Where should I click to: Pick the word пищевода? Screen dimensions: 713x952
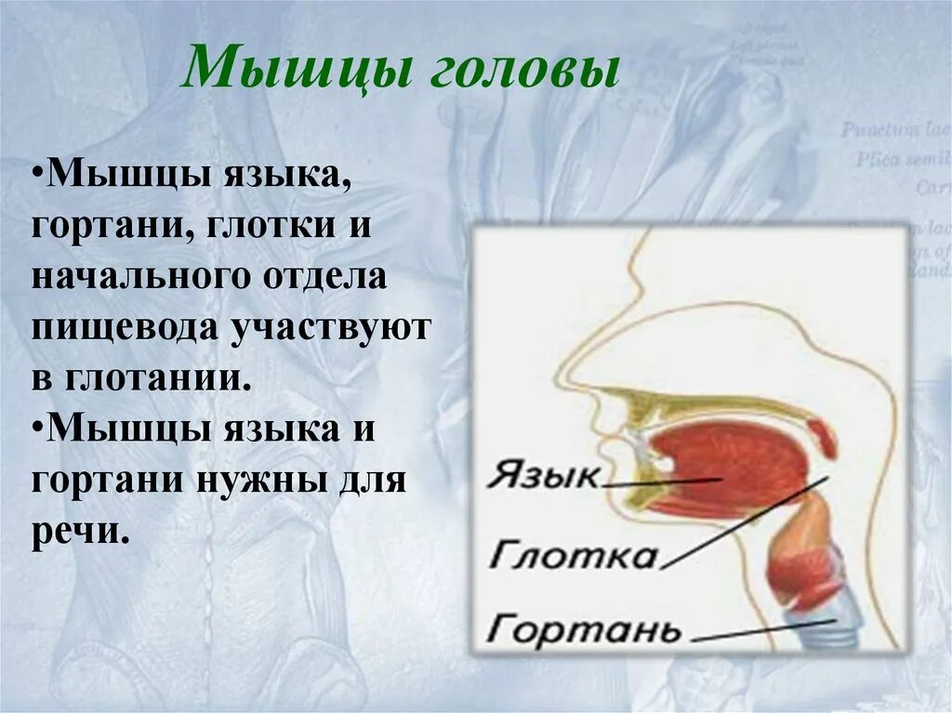pos(125,329)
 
